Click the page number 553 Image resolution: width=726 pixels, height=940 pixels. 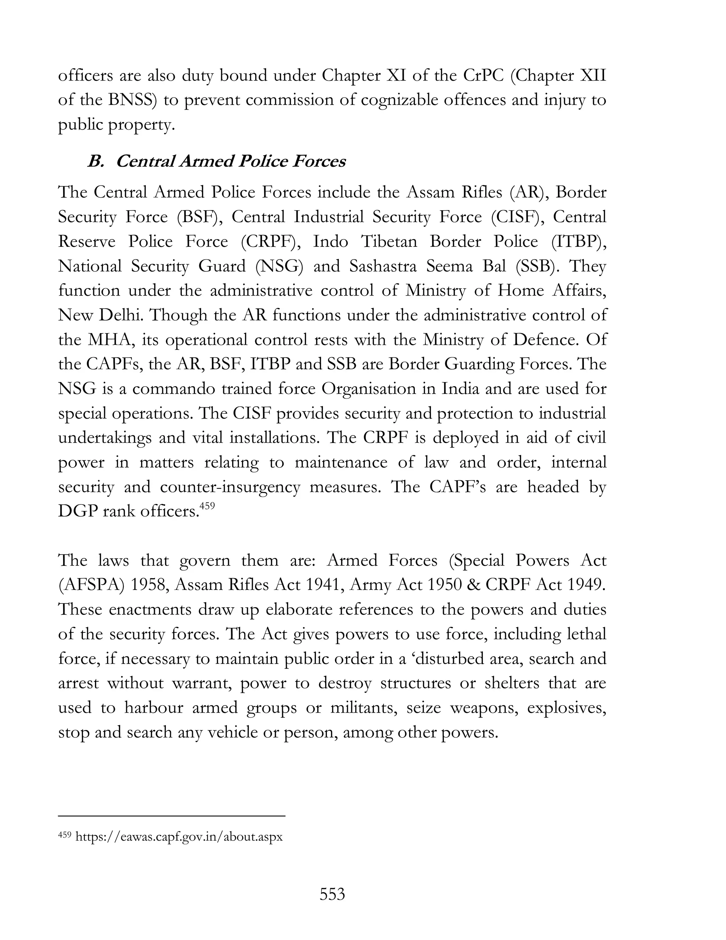point(332,894)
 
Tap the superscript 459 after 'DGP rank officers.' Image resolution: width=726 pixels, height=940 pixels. point(207,507)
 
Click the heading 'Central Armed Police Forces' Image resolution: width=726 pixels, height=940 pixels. point(230,161)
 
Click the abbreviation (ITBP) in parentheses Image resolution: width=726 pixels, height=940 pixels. point(579,242)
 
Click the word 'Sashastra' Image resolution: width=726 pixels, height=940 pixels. point(383,266)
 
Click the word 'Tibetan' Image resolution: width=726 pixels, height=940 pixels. point(389,242)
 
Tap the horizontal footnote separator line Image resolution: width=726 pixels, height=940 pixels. point(172,815)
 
